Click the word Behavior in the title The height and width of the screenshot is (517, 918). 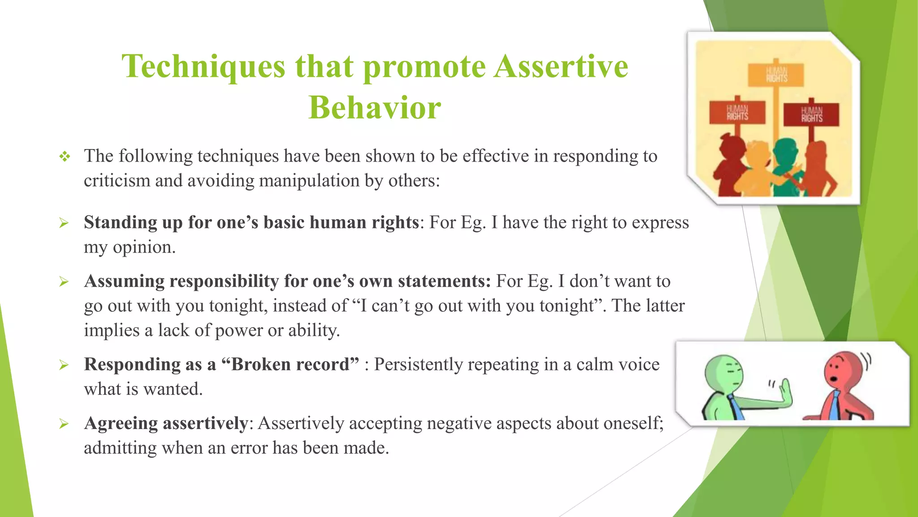pyautogui.click(x=375, y=108)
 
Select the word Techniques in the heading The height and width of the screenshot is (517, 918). pyautogui.click(x=203, y=66)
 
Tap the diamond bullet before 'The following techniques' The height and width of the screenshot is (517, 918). pyautogui.click(x=65, y=157)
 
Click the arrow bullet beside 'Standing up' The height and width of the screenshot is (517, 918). pyautogui.click(x=64, y=223)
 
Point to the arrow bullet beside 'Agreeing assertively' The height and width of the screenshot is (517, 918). pyautogui.click(x=64, y=424)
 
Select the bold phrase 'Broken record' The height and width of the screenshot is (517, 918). pyautogui.click(x=290, y=364)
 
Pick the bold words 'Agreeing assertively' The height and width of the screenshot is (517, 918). pyautogui.click(x=166, y=423)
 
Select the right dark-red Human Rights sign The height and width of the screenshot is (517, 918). pyautogui.click(x=811, y=114)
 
